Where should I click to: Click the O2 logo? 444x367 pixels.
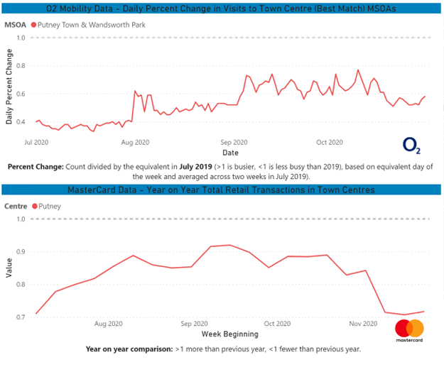tap(411, 145)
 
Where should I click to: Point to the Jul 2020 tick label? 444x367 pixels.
tap(36, 142)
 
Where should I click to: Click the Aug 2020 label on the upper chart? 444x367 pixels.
tap(135, 142)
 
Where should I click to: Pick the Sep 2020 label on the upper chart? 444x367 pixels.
tap(233, 142)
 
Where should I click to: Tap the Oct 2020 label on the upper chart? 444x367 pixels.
tap(329, 142)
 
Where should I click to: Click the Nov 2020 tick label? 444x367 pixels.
tap(362, 323)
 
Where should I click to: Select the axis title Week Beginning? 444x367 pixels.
tap(229, 333)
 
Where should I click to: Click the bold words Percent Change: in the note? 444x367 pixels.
tap(35, 166)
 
